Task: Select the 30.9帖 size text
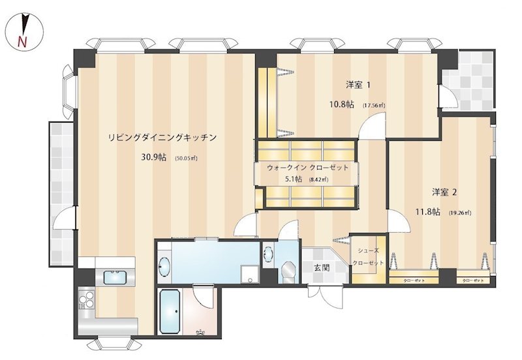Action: [x=153, y=158]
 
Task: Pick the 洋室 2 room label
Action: [x=444, y=192]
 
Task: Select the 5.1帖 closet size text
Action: [x=294, y=179]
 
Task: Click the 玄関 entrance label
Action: [x=321, y=267]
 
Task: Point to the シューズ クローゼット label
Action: [x=368, y=256]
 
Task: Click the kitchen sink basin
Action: [x=115, y=277]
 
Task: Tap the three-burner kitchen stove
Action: [x=87, y=301]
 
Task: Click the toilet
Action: [x=288, y=271]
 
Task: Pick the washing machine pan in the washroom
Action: [x=248, y=273]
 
